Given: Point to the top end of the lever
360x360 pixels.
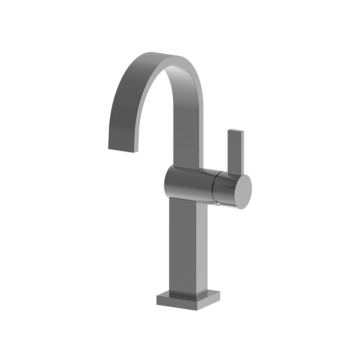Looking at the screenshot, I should [236, 132].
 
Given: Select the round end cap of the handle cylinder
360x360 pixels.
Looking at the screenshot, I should [244, 192].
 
